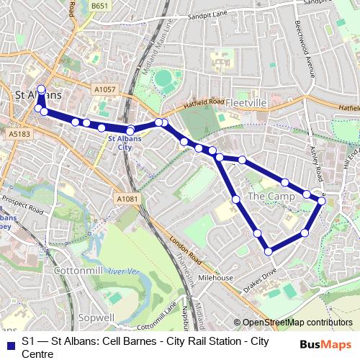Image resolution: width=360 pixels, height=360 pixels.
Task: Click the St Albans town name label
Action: click(38, 95)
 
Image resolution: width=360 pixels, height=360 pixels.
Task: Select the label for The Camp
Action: click(266, 196)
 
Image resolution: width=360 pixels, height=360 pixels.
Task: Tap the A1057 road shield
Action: click(104, 89)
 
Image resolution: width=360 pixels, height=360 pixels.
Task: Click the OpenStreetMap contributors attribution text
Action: click(297, 323)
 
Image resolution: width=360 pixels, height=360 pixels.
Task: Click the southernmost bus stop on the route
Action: click(269, 251)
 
